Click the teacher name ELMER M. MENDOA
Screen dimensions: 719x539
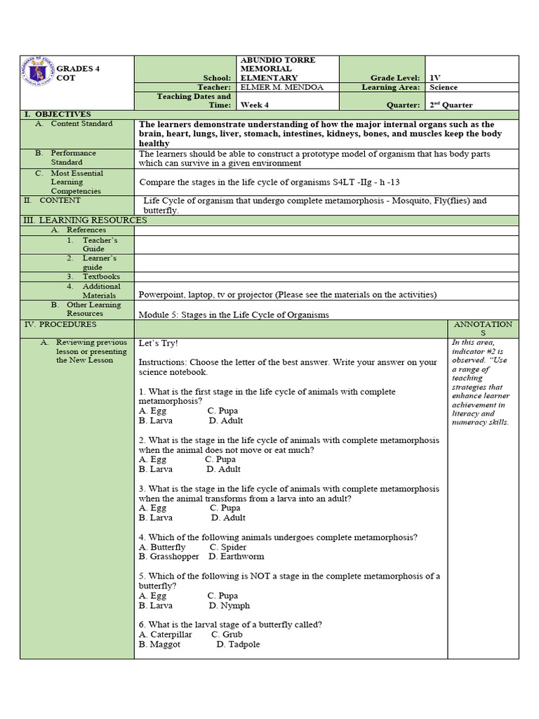[275, 88]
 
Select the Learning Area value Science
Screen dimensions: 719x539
[444, 88]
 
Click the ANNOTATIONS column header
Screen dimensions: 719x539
[483, 329]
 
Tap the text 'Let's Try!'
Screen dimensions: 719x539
[159, 343]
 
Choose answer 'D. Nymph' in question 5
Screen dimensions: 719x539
[229, 605]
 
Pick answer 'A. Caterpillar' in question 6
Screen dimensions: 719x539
[166, 634]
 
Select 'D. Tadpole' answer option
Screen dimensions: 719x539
[238, 644]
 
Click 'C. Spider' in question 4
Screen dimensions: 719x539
[228, 547]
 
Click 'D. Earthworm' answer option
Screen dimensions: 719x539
[237, 557]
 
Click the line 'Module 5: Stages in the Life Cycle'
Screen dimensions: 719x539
[234, 315]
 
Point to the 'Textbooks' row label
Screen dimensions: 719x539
[101, 277]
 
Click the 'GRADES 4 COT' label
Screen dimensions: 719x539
[78, 73]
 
